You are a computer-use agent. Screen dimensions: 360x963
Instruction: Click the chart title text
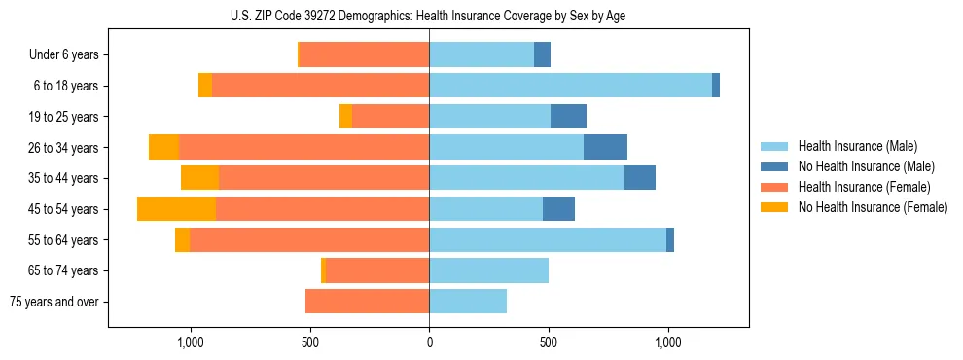(429, 16)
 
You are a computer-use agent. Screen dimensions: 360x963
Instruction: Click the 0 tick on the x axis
(429, 342)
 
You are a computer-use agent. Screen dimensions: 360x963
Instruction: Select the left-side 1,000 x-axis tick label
(190, 342)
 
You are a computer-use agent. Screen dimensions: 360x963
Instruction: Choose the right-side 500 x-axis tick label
(549, 342)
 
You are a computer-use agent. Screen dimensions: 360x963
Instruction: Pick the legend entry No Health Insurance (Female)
(873, 207)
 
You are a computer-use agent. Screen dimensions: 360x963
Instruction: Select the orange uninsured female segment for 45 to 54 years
(176, 209)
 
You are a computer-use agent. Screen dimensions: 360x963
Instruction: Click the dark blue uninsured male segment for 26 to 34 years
(605, 147)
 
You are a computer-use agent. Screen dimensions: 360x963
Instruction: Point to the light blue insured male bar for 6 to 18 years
(570, 86)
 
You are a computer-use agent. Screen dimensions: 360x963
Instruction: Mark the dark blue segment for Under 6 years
(542, 55)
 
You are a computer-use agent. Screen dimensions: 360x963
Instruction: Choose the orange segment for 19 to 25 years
(345, 117)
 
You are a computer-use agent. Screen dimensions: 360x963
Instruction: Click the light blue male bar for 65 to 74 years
(488, 270)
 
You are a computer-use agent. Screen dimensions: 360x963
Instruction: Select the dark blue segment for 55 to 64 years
(670, 239)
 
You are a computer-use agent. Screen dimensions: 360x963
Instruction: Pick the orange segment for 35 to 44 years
(199, 178)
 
